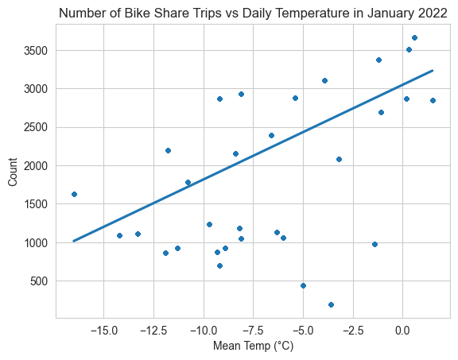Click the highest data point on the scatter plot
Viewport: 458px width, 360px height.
[x=414, y=37]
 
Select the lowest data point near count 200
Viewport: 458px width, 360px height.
[x=331, y=305]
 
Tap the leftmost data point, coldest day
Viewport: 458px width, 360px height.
[x=74, y=195]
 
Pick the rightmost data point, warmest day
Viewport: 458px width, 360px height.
[x=433, y=101]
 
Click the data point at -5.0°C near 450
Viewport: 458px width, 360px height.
[x=303, y=286]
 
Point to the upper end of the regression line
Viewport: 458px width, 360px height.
[x=433, y=71]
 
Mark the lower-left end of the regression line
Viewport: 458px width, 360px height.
[x=74, y=241]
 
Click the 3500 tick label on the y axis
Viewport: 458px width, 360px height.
[x=36, y=51]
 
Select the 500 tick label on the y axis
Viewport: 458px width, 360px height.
[x=39, y=281]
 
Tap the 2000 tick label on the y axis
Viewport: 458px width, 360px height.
[x=36, y=166]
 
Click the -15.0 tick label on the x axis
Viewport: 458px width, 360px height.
[x=104, y=331]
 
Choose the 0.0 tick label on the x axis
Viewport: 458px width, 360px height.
[x=403, y=331]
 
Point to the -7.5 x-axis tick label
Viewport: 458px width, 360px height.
[x=254, y=331]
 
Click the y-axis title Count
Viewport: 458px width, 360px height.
[x=13, y=172]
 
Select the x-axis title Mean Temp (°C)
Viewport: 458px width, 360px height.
[x=253, y=346]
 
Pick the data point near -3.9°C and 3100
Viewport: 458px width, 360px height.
[x=324, y=81]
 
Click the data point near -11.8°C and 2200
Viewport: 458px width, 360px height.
[x=168, y=151]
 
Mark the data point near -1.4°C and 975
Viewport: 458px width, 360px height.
[x=375, y=245]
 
